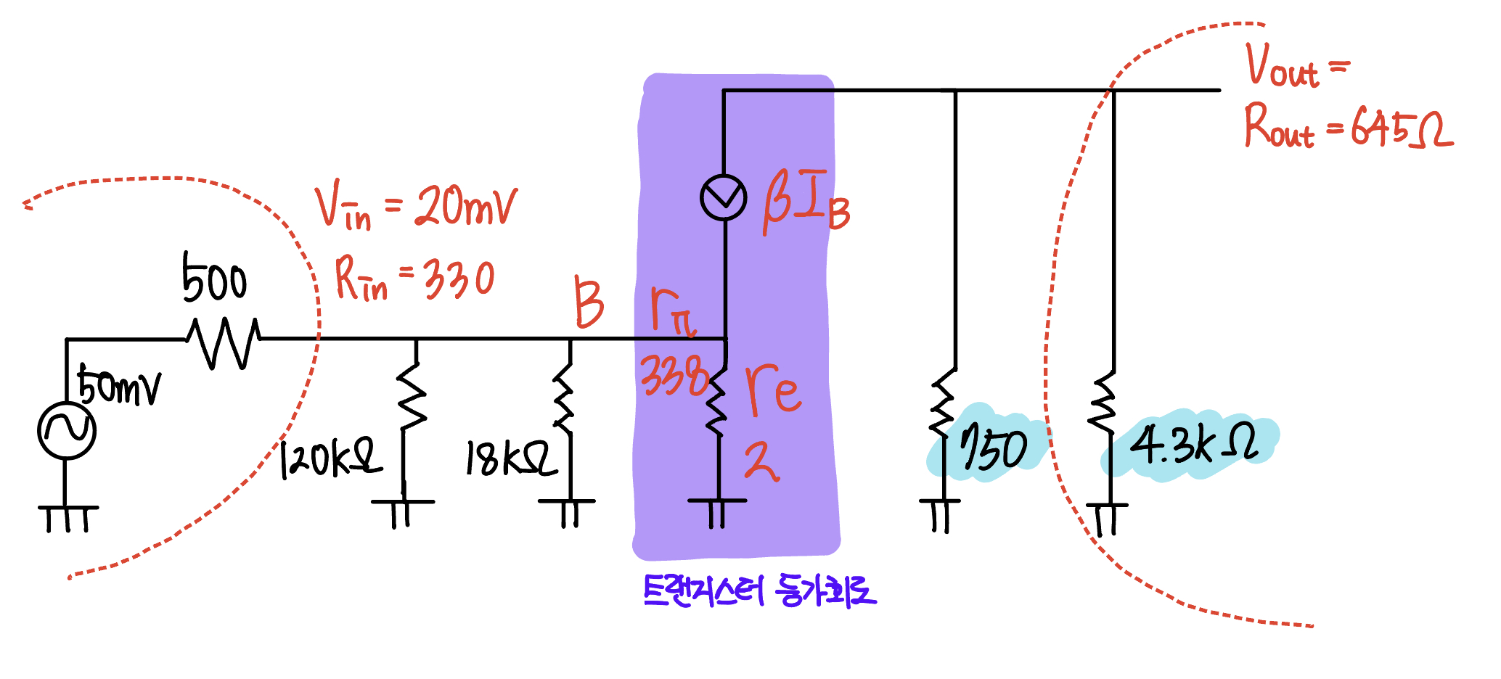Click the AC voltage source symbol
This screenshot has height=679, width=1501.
67,430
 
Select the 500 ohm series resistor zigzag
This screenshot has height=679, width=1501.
223,341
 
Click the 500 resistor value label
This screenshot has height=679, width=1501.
214,280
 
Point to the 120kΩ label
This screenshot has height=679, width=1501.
330,458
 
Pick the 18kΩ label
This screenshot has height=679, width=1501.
510,458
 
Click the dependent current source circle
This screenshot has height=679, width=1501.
724,197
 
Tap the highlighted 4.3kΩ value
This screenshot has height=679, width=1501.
1194,443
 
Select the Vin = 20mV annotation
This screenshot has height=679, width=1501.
416,208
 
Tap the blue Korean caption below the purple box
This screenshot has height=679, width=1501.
759,590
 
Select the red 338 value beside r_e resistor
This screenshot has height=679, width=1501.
674,376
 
